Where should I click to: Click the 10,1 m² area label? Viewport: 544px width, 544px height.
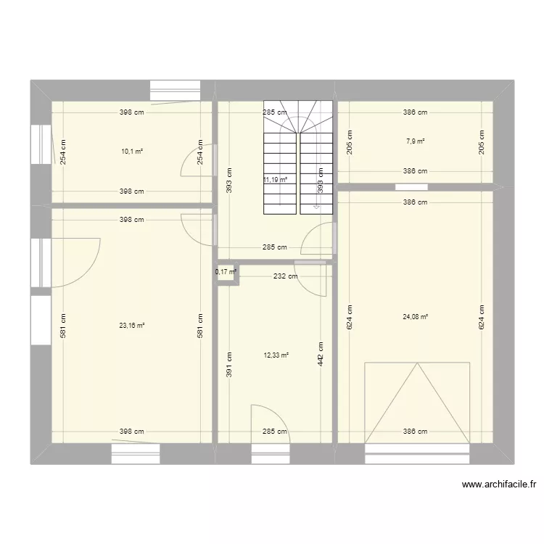pyautogui.click(x=132, y=152)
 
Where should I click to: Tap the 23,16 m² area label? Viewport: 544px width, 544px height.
pyautogui.click(x=132, y=326)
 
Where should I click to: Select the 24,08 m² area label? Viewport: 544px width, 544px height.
pyautogui.click(x=416, y=316)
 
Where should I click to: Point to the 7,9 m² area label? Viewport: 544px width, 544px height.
pyautogui.click(x=416, y=141)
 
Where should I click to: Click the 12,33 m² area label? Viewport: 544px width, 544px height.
pyautogui.click(x=276, y=355)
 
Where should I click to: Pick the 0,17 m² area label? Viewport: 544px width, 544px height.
pyautogui.click(x=226, y=272)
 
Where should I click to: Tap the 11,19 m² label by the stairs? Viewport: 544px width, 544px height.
pyautogui.click(x=276, y=179)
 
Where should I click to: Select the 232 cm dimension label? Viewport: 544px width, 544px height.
pyautogui.click(x=286, y=276)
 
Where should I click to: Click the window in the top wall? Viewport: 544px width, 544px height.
pyautogui.click(x=175, y=90)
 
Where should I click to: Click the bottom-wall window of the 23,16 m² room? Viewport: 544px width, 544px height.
pyautogui.click(x=136, y=453)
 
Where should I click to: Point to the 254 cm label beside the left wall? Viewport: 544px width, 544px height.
pyautogui.click(x=63, y=152)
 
